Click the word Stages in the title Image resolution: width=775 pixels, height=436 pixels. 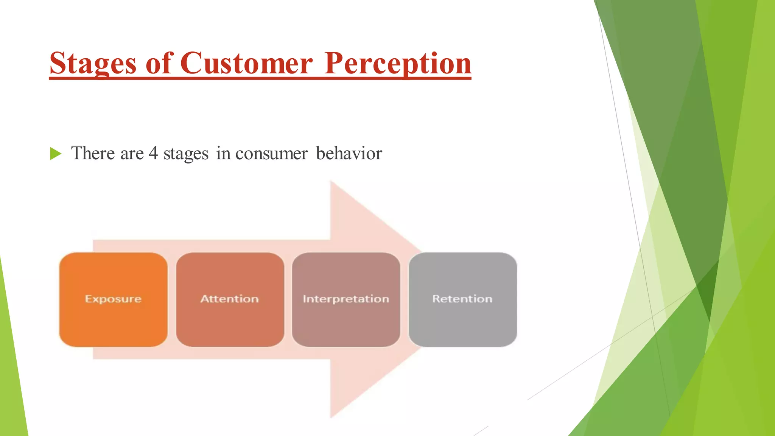tap(93, 64)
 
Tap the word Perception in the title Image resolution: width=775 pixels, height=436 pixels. tap(398, 64)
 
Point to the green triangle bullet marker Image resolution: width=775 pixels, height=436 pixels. tap(55, 154)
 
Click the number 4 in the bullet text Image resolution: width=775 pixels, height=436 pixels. tap(153, 153)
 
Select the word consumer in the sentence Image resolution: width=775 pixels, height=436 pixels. tap(271, 154)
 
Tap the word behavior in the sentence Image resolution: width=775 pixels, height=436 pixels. tap(349, 153)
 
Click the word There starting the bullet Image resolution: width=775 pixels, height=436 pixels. tap(93, 153)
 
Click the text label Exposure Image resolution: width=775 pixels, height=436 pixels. tap(113, 299)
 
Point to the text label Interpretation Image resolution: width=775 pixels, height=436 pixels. tap(346, 299)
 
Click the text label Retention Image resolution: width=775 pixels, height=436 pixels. tap(462, 299)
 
